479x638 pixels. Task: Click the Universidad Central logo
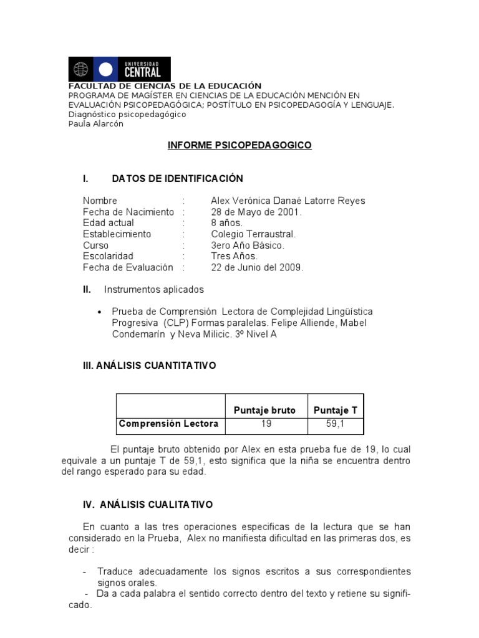119,69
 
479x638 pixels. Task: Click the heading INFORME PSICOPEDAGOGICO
239,145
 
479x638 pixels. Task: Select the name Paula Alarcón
95,123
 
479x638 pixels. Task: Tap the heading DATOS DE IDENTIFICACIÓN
177,179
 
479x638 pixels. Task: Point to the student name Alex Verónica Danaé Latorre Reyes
288,201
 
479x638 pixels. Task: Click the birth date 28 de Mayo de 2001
256,212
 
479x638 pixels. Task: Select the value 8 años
227,223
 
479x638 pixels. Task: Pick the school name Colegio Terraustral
253,234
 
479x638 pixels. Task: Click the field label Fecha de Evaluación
128,267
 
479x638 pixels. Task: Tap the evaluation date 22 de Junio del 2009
257,267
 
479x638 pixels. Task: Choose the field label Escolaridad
108,256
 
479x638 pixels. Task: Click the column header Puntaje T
336,409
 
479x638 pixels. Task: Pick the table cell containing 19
266,424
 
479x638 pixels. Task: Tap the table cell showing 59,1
336,424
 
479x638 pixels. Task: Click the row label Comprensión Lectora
168,424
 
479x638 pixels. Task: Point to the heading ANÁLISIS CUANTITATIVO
150,366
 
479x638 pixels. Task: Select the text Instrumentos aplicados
153,290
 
